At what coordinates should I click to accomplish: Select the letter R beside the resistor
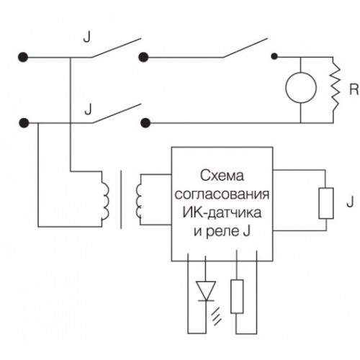[x=354, y=89]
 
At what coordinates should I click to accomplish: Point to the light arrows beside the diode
[x=216, y=316]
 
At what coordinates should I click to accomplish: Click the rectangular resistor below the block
[x=237, y=297]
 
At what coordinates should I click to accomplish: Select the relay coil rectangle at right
[x=326, y=203]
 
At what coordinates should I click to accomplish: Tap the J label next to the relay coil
[x=350, y=202]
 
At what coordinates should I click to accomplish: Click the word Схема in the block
[x=222, y=176]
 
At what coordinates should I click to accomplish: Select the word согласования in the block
[x=222, y=194]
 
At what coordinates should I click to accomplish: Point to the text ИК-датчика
[x=222, y=212]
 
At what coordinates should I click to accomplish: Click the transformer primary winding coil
[x=105, y=199]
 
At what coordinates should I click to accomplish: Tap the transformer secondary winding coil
[x=139, y=200]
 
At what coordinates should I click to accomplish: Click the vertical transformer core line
[x=121, y=199]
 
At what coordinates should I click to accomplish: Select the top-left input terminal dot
[x=23, y=58]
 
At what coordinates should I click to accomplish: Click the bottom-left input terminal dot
[x=24, y=123]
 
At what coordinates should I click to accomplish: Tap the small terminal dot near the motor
[x=274, y=57]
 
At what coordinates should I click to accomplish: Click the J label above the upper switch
[x=87, y=37]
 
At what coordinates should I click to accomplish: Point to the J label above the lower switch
[x=88, y=109]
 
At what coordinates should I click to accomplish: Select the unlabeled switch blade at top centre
[x=245, y=48]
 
